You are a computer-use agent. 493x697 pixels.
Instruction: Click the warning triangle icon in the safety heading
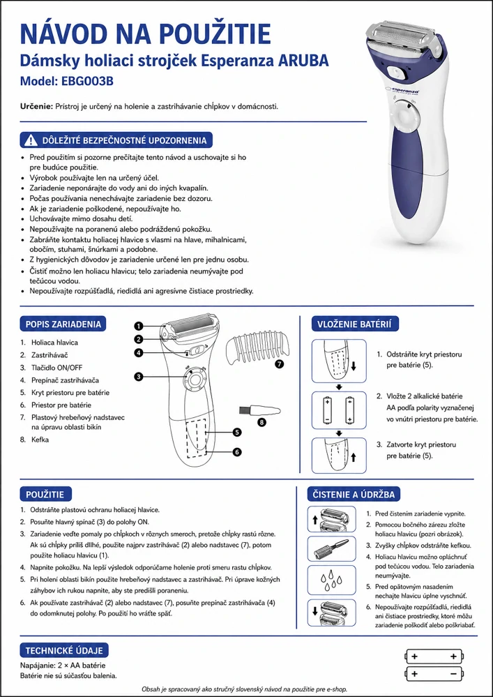[x=31, y=140]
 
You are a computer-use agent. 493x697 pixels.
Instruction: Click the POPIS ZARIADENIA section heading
[x=63, y=324]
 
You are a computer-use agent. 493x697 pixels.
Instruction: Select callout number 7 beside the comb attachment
[x=279, y=364]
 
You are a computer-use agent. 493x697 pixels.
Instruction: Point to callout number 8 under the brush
[x=262, y=422]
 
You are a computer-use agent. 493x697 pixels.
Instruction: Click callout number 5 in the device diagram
[x=236, y=432]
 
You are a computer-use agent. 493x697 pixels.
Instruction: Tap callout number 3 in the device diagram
[x=139, y=377]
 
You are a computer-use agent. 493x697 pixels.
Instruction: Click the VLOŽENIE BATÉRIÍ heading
[x=355, y=324]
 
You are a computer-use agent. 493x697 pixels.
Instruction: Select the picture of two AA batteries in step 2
[x=339, y=410]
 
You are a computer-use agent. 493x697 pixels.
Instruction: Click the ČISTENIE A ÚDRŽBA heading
[x=354, y=494]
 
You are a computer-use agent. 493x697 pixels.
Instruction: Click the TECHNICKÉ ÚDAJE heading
[x=64, y=650]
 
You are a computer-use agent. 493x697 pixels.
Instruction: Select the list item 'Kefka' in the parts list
[x=40, y=440]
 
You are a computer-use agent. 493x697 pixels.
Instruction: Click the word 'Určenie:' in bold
[x=37, y=107]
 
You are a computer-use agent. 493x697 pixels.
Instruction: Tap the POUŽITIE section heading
[x=45, y=494]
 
